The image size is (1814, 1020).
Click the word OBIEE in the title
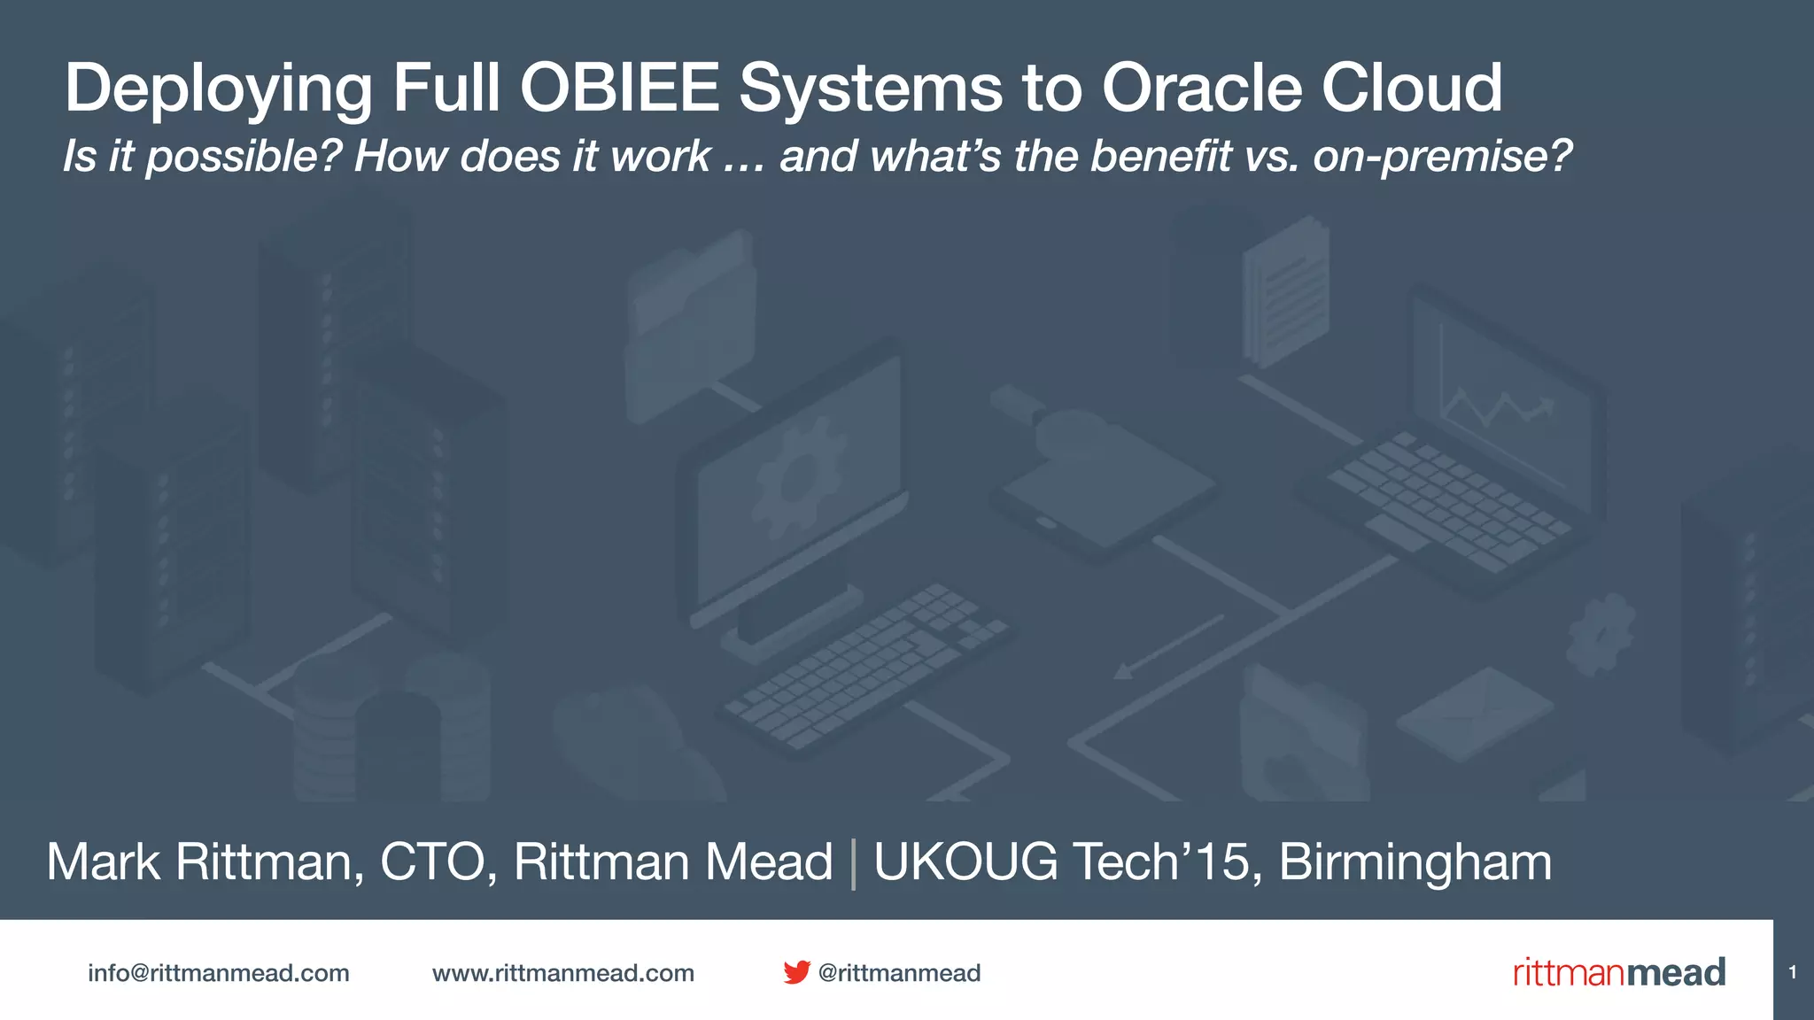tap(619, 88)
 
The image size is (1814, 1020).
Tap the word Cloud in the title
tap(1412, 88)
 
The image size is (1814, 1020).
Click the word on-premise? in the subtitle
tap(1442, 157)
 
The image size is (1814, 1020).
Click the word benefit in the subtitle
tap(1160, 157)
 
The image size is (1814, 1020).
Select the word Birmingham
tap(1415, 862)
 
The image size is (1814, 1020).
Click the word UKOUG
tap(965, 862)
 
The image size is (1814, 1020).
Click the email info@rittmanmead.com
tap(219, 973)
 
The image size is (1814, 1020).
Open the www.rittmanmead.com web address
tap(563, 973)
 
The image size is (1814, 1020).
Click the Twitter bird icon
tap(796, 972)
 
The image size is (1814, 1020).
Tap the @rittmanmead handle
tap(899, 973)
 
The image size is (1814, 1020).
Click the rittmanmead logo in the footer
tap(1618, 972)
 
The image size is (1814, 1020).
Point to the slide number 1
tap(1793, 972)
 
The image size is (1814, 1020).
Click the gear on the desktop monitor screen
tap(797, 478)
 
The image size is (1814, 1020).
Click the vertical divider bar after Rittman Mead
tap(853, 863)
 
